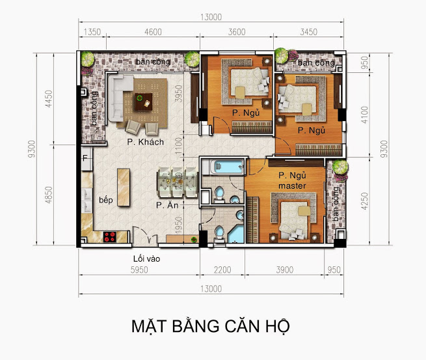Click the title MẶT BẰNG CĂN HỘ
coord(211,326)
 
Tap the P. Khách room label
coord(145,142)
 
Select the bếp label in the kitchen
coord(105,200)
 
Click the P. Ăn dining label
coord(167,205)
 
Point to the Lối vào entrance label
coord(147,258)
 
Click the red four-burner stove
coord(110,236)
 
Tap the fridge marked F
coord(87,159)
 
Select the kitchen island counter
coord(124,187)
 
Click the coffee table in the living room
coord(144,102)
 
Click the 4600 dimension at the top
coord(153,32)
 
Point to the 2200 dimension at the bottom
coord(222,270)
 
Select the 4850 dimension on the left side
coord(49,195)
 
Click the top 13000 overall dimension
coord(211,17)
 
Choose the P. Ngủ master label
coord(292,180)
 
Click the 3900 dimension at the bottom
coord(284,270)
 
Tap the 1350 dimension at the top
coord(92,32)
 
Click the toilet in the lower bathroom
coord(219,234)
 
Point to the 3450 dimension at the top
coord(309,32)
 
